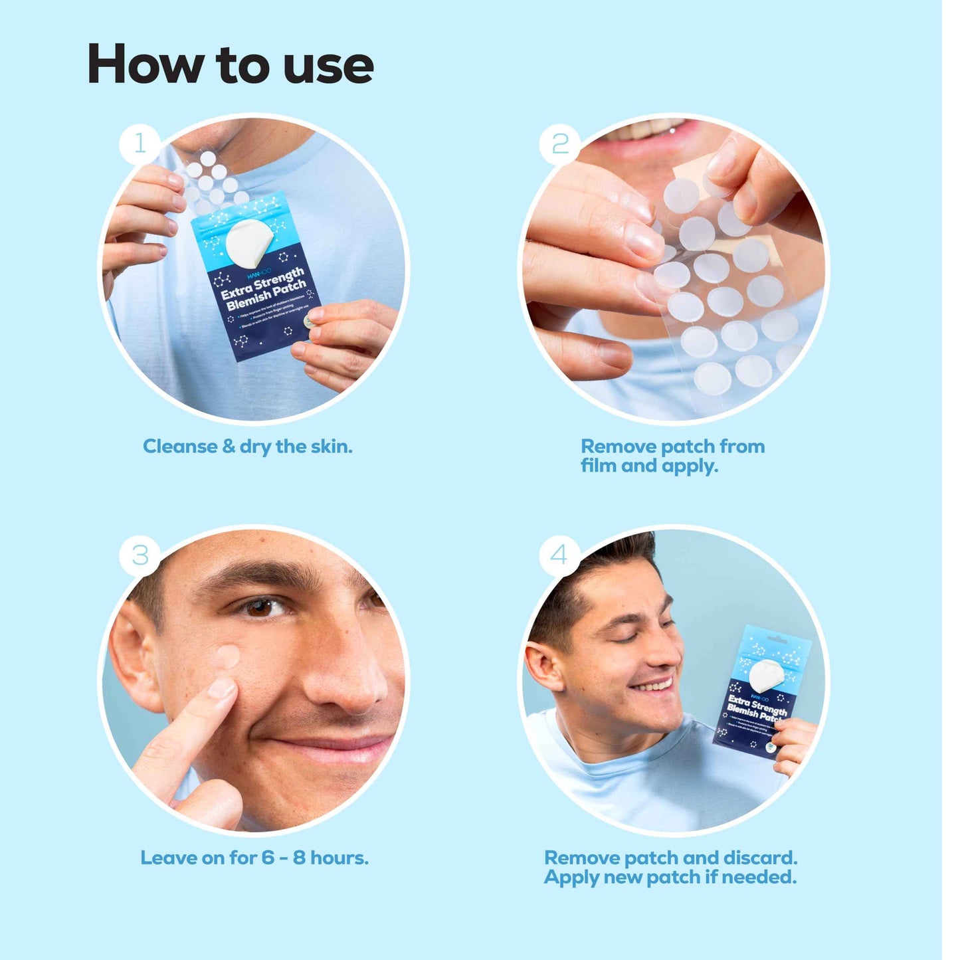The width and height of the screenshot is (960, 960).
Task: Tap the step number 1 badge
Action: coord(140,143)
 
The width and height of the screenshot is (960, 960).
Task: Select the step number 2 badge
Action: coord(560,143)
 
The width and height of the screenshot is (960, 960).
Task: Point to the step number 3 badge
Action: coord(140,555)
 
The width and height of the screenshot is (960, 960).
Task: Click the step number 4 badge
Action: coord(559,555)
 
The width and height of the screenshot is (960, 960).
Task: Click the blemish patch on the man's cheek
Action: coord(227,657)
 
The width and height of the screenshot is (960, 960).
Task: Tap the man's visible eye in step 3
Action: coord(260,607)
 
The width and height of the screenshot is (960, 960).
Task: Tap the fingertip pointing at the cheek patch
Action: coord(221,688)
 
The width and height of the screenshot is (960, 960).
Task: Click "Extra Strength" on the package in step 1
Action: coord(262,284)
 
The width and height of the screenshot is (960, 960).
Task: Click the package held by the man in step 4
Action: coord(761,691)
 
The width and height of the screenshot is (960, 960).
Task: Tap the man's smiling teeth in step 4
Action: coord(652,685)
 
